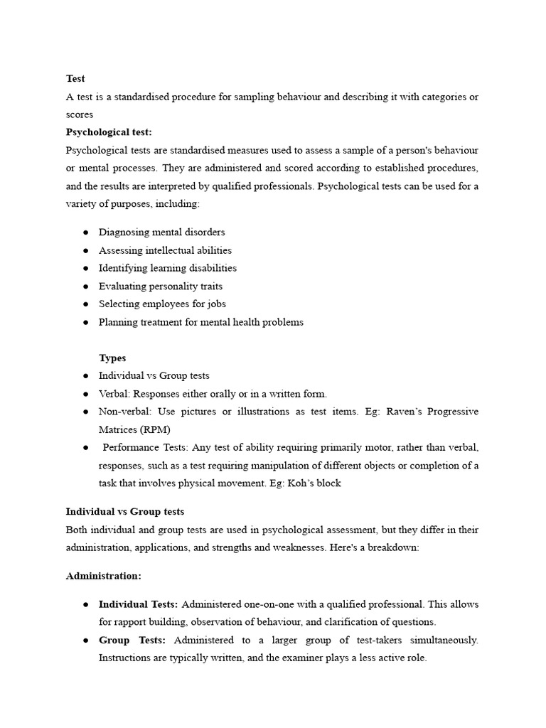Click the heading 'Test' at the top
(75, 79)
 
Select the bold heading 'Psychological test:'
(109, 132)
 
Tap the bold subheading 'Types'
(112, 358)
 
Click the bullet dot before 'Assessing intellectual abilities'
(86, 251)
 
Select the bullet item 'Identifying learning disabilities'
(168, 268)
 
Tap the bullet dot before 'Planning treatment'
(86, 323)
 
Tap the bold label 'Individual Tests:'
(139, 604)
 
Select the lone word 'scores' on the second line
(80, 114)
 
